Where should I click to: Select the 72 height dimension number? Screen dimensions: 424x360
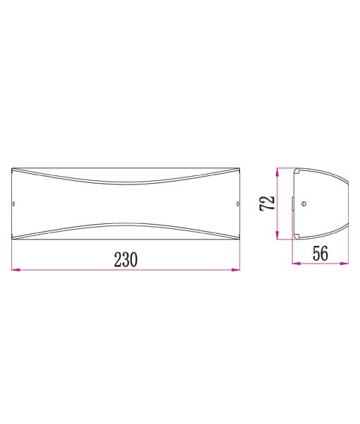click(x=268, y=204)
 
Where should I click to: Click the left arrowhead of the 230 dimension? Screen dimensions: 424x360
click(x=15, y=269)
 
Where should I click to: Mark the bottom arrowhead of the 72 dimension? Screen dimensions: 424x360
click(x=279, y=237)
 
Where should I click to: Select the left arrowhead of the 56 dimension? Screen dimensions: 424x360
click(x=295, y=264)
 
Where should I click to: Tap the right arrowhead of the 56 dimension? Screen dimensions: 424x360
click(x=345, y=264)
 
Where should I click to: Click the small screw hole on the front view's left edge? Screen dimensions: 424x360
click(x=16, y=204)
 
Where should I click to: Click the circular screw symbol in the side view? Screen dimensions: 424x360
click(x=304, y=204)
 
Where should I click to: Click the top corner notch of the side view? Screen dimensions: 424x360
click(x=299, y=170)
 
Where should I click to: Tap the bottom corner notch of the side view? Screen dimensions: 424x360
click(x=299, y=237)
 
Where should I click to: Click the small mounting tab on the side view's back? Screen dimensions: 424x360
click(x=293, y=204)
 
